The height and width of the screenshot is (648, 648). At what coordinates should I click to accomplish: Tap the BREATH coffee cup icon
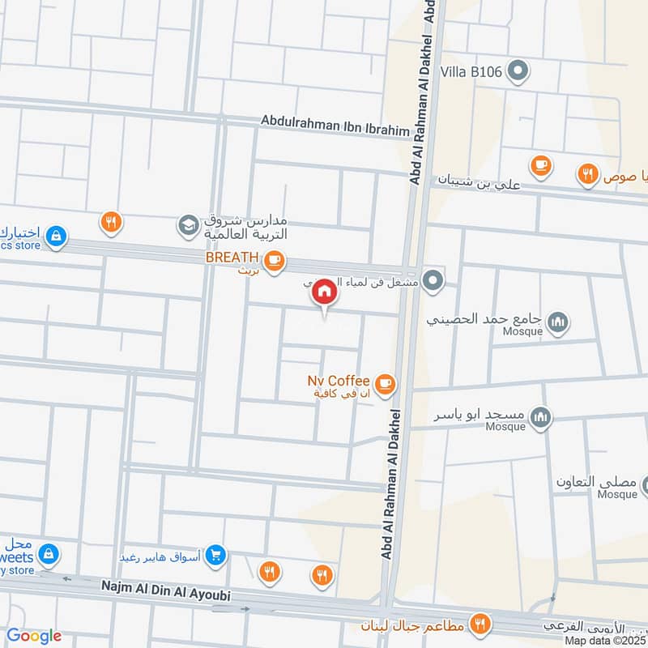tap(275, 259)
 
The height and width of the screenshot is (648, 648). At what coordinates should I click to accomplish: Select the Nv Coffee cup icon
tap(385, 382)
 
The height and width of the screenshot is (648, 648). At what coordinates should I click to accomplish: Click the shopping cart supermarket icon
tap(215, 554)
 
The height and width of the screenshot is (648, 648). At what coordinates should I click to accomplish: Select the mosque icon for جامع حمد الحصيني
tap(557, 324)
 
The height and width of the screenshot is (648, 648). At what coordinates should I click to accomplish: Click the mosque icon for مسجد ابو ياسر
tap(541, 418)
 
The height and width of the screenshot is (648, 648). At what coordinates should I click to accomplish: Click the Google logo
tap(34, 636)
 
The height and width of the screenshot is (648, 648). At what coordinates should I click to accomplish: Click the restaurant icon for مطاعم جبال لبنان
tap(481, 625)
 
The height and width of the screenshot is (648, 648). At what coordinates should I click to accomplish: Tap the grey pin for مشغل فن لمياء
tap(434, 281)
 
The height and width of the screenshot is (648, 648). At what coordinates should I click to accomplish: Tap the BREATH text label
tap(232, 258)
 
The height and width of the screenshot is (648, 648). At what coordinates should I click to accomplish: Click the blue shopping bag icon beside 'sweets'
tap(49, 554)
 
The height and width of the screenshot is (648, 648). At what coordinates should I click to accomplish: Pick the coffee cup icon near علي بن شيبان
tap(539, 166)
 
